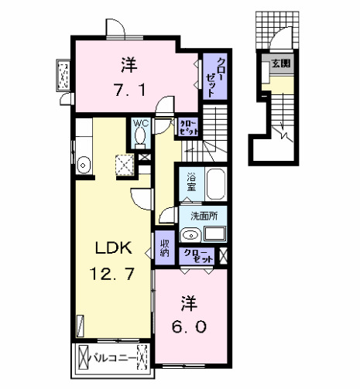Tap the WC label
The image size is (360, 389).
tap(140, 123)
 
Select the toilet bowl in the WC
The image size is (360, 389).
tap(140, 137)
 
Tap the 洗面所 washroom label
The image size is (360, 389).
tap(203, 217)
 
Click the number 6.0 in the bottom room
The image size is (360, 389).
tap(189, 326)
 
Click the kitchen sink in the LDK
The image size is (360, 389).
tap(84, 164)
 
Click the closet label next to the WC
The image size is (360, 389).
tap(187, 127)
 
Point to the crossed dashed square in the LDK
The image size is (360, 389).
tap(123, 164)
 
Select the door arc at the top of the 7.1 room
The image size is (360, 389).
tap(115, 27)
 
